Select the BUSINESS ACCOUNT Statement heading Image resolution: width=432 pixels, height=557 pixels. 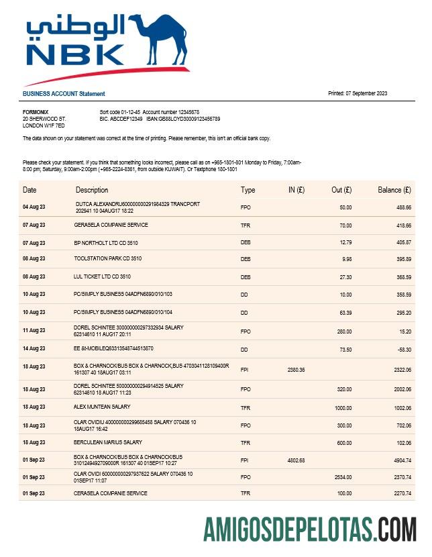[64, 94]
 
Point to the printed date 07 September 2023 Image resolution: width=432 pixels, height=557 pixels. [358, 93]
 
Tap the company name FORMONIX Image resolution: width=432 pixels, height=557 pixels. [36, 112]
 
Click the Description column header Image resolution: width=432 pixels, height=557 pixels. [92, 190]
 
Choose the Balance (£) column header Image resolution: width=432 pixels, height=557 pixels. [394, 190]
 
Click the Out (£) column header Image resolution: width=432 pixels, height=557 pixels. [342, 190]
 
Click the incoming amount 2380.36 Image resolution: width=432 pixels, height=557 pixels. [296, 369]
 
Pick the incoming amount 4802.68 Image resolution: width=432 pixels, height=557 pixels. [296, 460]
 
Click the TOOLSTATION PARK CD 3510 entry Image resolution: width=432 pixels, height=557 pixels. [107, 258]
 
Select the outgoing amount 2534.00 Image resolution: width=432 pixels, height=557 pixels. [343, 476]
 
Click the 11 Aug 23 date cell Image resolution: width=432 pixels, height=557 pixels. [34, 330]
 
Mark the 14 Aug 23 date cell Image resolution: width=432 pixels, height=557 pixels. [34, 349]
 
